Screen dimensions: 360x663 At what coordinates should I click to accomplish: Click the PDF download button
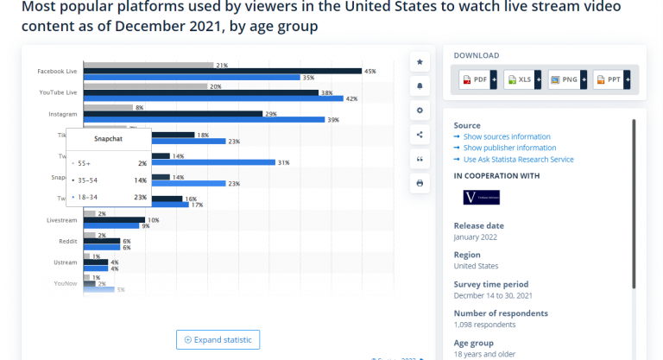477,80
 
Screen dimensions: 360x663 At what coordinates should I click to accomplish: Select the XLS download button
522,80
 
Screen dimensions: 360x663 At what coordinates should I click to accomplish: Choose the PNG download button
567,80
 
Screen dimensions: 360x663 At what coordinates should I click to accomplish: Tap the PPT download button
612,80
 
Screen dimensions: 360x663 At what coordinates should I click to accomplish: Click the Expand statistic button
218,339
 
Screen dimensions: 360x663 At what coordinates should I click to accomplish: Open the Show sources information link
507,136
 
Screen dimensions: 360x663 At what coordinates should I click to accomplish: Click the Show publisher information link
509,148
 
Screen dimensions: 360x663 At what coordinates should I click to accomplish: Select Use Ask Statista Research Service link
518,159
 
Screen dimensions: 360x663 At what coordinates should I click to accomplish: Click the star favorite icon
420,62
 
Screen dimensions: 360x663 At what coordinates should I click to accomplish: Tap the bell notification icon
420,86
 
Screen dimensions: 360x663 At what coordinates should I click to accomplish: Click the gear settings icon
420,111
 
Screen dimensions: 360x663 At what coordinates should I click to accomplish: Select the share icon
420,135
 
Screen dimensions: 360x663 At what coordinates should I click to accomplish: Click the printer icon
420,183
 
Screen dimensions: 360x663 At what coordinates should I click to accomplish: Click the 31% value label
283,162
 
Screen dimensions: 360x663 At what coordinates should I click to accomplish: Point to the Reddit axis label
70,242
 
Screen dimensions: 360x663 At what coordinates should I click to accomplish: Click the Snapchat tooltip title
108,137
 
